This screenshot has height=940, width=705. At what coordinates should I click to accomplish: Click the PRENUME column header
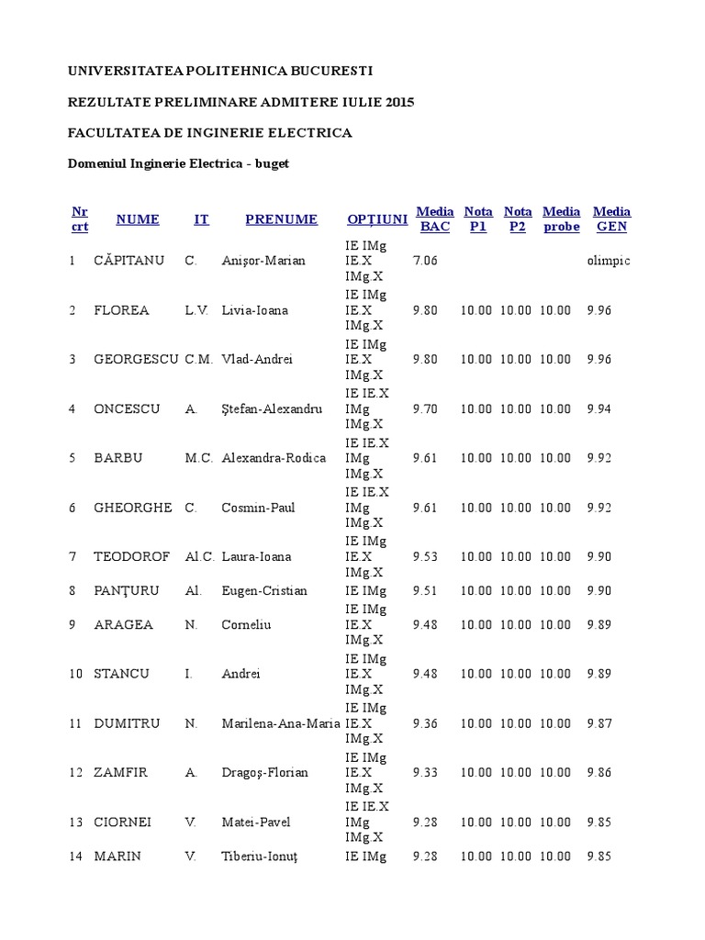[x=281, y=219]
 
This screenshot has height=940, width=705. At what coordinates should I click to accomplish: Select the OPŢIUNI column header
[x=377, y=219]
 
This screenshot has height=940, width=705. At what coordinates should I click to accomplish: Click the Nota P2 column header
[x=518, y=219]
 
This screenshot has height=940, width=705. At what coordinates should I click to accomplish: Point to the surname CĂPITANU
[x=129, y=261]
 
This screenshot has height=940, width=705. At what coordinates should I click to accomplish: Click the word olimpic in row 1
[x=609, y=261]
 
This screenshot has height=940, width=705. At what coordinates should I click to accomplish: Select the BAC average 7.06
[x=426, y=261]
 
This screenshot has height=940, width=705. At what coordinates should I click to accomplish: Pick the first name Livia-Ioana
[x=254, y=310]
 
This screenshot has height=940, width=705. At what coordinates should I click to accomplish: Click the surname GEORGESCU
[x=136, y=360]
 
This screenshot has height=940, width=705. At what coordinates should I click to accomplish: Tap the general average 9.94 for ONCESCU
[x=599, y=409]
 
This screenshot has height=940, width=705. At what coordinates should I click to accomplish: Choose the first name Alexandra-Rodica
[x=274, y=458]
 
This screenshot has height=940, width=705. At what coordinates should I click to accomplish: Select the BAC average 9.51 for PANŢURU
[x=426, y=591]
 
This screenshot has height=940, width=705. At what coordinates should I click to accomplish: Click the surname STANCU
[x=121, y=674]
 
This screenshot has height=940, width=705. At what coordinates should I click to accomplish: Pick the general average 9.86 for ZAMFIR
[x=599, y=773]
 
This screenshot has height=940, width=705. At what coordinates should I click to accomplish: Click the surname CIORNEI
[x=124, y=822]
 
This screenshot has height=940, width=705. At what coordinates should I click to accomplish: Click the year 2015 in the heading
[x=400, y=102]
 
